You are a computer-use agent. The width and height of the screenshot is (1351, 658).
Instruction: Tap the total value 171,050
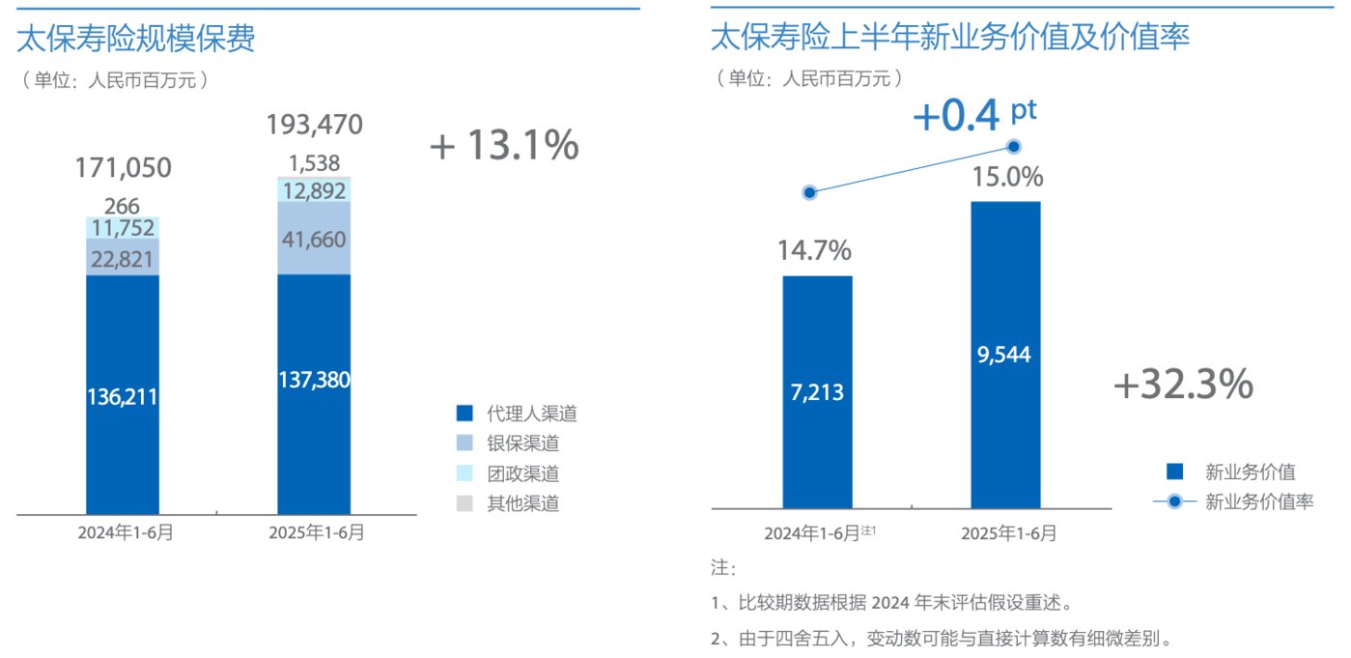[x=123, y=168]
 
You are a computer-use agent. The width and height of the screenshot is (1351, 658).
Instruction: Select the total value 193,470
[x=314, y=125]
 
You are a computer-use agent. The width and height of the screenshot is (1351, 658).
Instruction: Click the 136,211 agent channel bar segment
[x=123, y=396]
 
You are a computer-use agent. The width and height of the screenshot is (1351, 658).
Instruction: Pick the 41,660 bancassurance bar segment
[x=314, y=239]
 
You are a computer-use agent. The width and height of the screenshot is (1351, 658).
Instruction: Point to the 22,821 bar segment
[x=123, y=258]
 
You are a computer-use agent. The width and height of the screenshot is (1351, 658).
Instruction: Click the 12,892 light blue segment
[x=314, y=190]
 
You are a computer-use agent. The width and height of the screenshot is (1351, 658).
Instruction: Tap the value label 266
[x=123, y=206]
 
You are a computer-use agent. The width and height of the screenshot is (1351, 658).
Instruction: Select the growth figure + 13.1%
[x=504, y=146]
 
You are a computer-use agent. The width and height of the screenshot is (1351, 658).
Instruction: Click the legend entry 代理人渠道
[x=517, y=415]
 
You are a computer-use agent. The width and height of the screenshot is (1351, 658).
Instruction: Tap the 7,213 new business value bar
[x=817, y=392]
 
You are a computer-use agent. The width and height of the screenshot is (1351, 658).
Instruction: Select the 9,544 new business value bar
[x=1005, y=355]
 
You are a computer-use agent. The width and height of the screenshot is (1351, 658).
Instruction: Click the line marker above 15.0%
[x=1014, y=146]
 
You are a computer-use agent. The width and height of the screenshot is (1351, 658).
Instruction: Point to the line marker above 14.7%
[x=810, y=192]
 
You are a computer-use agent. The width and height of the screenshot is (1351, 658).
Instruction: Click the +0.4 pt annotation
[x=972, y=116]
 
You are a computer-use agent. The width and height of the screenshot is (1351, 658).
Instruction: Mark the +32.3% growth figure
[x=1183, y=386]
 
